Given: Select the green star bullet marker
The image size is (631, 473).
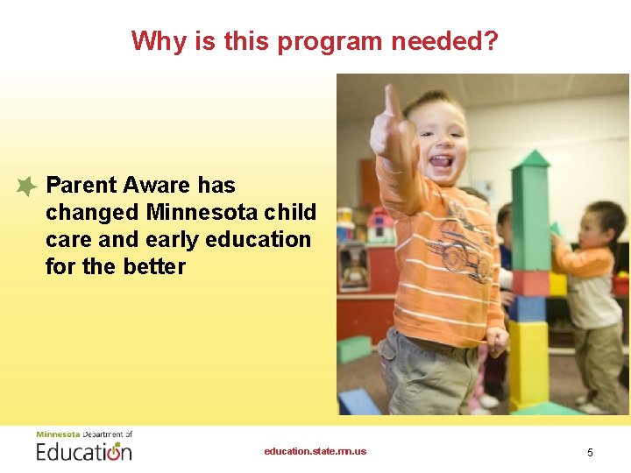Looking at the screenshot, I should coord(26,186).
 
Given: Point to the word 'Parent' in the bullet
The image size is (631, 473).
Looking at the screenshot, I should coord(82,185).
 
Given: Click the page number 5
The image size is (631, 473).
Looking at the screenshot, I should coord(590,452).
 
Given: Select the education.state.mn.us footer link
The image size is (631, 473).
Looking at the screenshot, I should coord(315,451).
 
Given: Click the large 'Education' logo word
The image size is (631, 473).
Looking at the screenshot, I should coord(83,452).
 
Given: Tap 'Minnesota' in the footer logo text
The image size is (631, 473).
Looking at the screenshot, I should coord(57,434).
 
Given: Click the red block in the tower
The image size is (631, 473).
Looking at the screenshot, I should coord(530,283).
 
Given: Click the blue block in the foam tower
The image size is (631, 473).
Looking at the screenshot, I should coord(528,308).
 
